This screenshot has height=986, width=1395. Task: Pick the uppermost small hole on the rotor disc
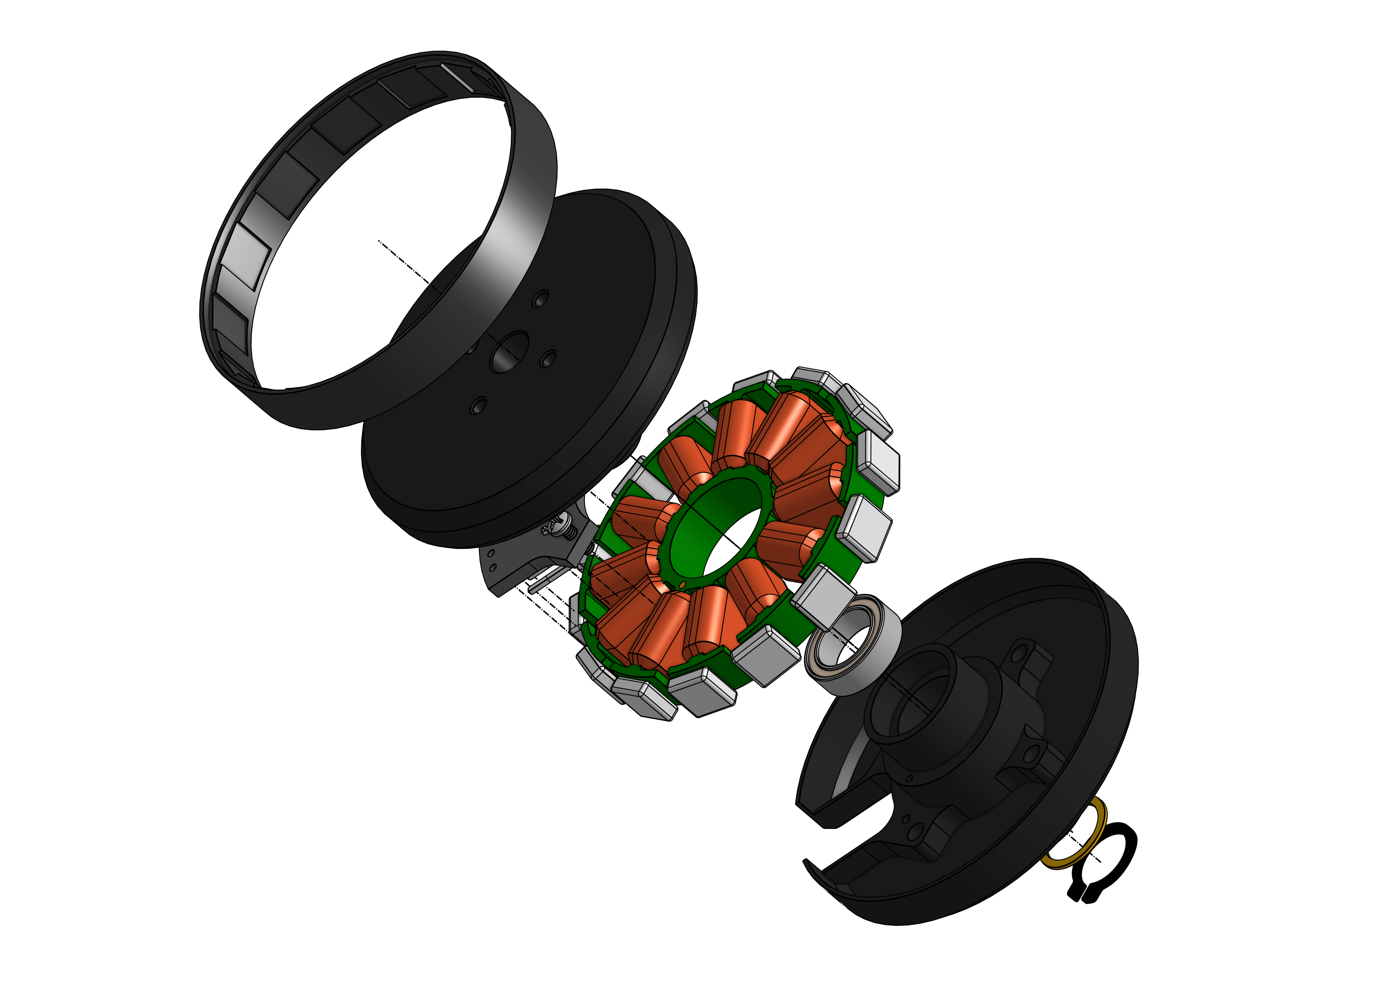coord(540,299)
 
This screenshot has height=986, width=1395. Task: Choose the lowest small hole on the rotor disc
coord(479,406)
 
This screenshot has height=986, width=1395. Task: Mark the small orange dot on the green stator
coord(682,584)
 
